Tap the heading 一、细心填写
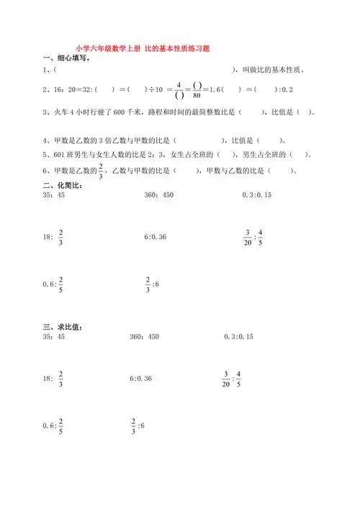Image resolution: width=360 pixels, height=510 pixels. [x=66, y=58]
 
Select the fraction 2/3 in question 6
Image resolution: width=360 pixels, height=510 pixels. [x=102, y=171]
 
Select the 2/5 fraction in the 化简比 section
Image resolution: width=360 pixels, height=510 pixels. [x=60, y=285]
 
